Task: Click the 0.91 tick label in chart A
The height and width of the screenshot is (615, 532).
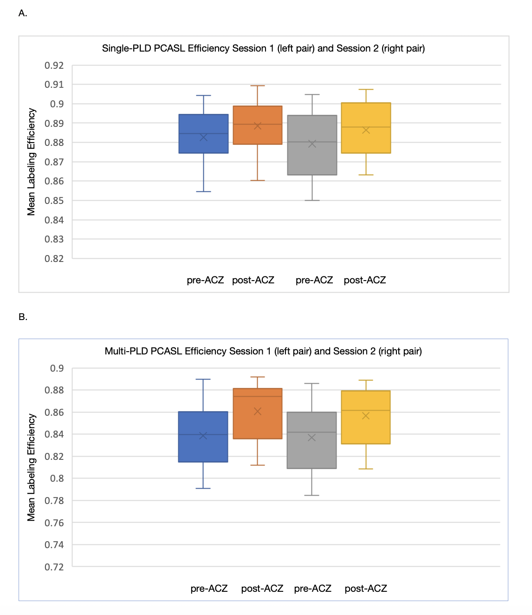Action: pos(54,85)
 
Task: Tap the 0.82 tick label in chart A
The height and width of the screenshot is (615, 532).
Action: pos(54,259)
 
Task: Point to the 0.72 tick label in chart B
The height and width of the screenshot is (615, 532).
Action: pos(54,567)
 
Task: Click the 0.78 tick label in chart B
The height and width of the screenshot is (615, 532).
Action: pos(54,501)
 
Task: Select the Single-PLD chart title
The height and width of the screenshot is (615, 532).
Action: pos(263,48)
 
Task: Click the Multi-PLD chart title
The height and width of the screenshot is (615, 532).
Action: pos(263,351)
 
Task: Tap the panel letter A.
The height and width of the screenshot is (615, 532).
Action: pos(23,13)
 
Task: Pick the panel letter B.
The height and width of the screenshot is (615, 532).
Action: pos(23,317)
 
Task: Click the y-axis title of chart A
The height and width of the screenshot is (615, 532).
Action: pos(31,162)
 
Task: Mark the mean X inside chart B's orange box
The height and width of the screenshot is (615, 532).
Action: pos(258,412)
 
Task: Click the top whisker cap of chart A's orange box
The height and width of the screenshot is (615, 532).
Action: pos(258,86)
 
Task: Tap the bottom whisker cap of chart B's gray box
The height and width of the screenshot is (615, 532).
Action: pos(311,495)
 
